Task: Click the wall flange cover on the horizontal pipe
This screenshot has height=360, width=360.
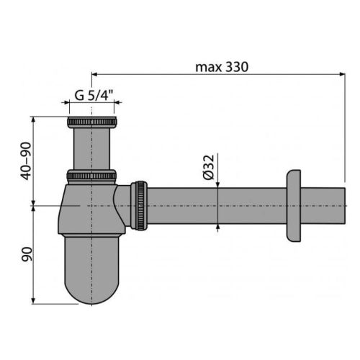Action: pos(294,206)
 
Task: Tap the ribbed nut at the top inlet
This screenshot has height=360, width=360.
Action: pos(91,121)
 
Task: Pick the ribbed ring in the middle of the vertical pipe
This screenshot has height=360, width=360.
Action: pos(91,175)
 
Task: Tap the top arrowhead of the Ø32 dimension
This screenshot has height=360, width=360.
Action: pos(218,184)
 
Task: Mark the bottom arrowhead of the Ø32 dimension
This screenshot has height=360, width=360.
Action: pos(218,228)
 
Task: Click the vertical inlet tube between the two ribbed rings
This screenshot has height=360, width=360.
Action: pos(91,148)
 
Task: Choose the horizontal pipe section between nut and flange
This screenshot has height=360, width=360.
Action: pos(216,206)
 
